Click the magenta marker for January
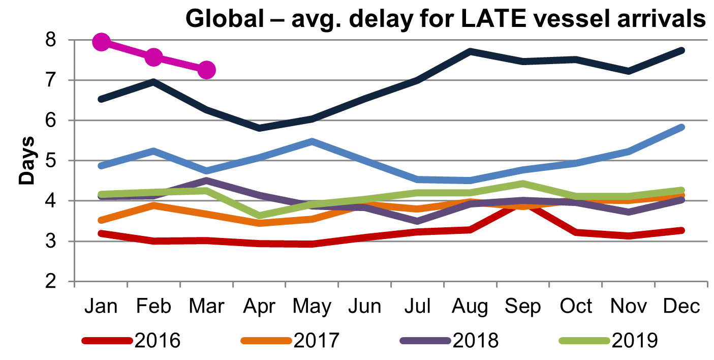click(x=101, y=42)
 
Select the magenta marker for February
click(x=153, y=57)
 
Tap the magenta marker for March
click(x=206, y=70)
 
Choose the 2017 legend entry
click(x=290, y=340)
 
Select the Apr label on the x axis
click(x=259, y=307)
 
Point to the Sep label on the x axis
click(x=522, y=307)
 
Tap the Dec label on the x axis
click(x=680, y=307)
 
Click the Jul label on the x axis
click(x=417, y=307)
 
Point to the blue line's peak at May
click(x=312, y=141)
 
